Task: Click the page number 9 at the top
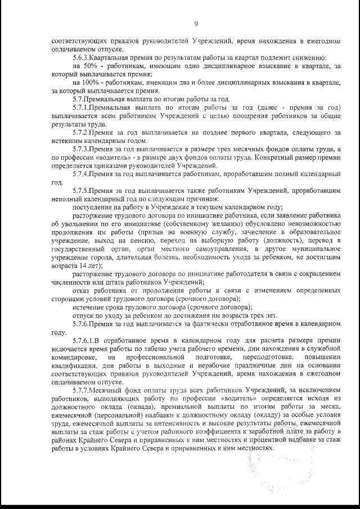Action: tap(196, 23)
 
